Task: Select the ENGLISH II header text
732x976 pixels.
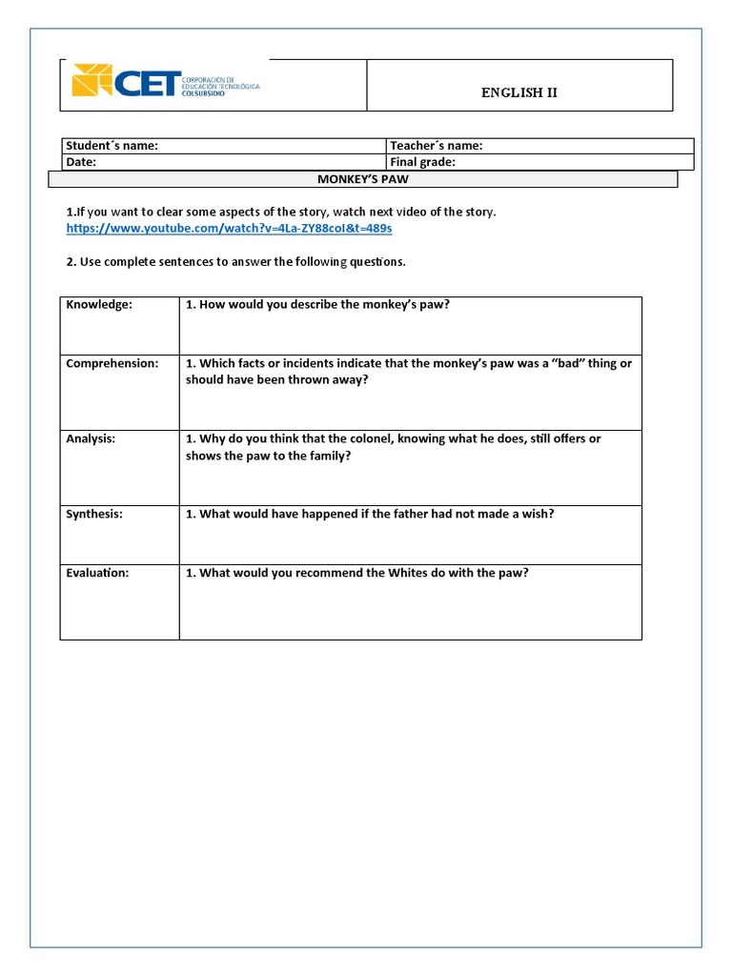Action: tap(518, 92)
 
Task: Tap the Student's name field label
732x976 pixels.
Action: tap(112, 146)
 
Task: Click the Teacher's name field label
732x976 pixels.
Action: tap(436, 146)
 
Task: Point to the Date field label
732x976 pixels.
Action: tap(81, 162)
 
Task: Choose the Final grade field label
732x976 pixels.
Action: tap(422, 162)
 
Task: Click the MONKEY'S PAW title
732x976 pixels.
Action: tap(362, 179)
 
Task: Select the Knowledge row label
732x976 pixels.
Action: tap(99, 305)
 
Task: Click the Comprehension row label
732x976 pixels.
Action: tap(112, 363)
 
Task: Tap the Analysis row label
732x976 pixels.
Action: tap(91, 438)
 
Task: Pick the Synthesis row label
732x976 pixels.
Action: tap(94, 514)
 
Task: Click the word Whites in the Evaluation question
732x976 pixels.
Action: tap(410, 573)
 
